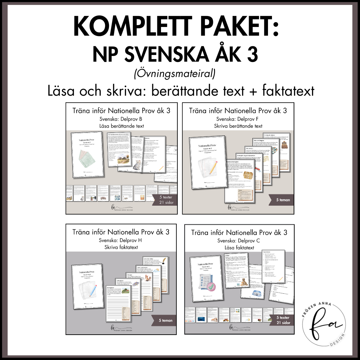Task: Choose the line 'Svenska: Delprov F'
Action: click(x=237, y=119)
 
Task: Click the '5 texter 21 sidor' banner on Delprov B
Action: click(x=164, y=200)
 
